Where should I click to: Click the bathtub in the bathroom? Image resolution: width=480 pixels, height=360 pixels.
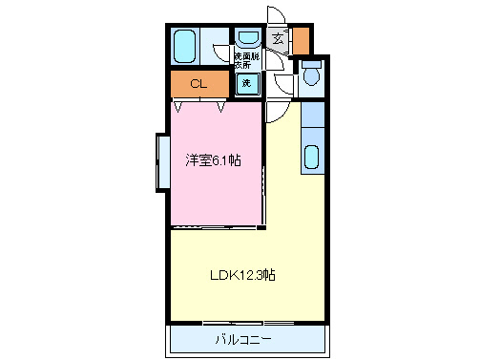click(x=185, y=45)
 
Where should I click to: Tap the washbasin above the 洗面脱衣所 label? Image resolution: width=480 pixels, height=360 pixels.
click(x=248, y=39)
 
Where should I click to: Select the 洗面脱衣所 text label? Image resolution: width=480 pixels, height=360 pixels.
click(x=247, y=61)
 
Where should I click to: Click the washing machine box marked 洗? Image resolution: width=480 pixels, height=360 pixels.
click(x=246, y=83)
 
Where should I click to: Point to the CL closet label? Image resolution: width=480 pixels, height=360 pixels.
click(x=198, y=84)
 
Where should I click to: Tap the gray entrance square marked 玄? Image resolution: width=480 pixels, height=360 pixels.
click(x=277, y=39)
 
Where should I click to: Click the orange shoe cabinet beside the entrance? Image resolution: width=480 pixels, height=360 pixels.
click(x=301, y=41)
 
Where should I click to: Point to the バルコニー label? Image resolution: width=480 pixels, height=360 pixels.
click(x=242, y=339)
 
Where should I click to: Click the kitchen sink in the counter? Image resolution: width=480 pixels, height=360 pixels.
click(x=313, y=157)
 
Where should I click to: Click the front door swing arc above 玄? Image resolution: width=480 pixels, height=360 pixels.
click(x=276, y=16)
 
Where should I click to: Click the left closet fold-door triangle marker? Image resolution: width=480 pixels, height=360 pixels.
click(x=177, y=106)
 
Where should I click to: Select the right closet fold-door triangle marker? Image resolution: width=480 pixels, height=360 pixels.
click(x=221, y=106)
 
